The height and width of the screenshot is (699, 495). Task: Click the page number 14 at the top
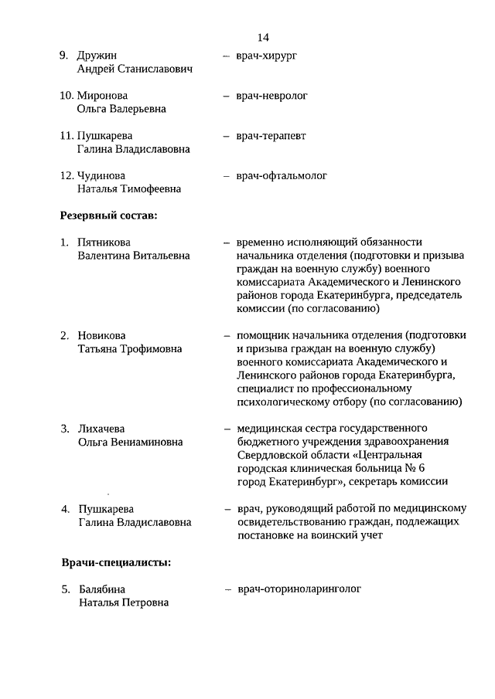pos(263,37)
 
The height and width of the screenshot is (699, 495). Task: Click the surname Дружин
pos(99,56)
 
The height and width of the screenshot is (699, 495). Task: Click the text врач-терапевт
pos(271,136)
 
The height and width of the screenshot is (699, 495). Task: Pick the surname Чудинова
pos(101,176)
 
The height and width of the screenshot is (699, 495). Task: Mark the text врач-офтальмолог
pos(282,176)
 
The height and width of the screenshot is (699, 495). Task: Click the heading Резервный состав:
pos(109,215)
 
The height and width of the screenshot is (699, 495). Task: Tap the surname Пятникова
pos(104,243)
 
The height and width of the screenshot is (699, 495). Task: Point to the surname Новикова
pos(101,336)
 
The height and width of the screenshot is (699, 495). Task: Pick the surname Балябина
pos(104,589)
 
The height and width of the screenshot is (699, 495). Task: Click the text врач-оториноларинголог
pos(300,589)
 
